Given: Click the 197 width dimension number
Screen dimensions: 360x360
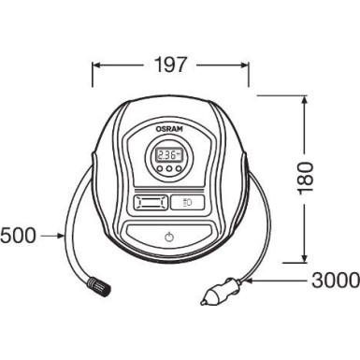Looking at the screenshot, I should [171, 65].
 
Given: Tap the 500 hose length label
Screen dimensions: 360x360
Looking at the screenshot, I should [18, 235].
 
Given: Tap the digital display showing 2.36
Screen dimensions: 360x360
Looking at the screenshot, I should [169, 155].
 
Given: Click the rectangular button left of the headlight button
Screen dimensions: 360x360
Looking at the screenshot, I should [151, 201].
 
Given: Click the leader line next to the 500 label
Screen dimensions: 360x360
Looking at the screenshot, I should [48, 235].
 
